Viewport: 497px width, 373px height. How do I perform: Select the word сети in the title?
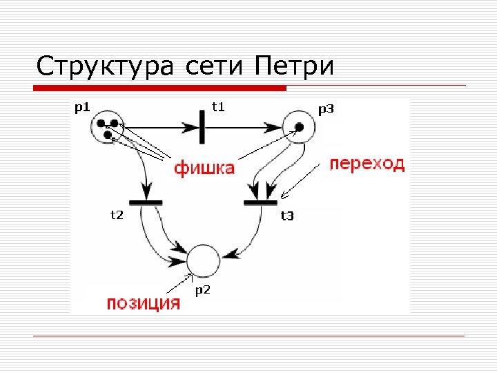click(214, 67)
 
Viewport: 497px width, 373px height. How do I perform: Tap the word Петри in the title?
click(294, 67)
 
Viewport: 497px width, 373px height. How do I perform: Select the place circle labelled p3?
click(299, 127)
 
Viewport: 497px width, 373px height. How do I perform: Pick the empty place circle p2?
click(204, 260)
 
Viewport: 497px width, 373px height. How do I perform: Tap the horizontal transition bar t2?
click(146, 202)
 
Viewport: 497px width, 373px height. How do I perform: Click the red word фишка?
click(204, 167)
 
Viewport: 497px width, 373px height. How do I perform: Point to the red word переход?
click(367, 164)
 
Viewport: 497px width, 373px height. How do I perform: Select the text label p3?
click(326, 108)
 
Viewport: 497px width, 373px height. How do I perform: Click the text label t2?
click(118, 215)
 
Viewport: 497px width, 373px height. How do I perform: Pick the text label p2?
click(202, 290)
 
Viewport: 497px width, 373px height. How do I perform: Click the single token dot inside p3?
click(300, 126)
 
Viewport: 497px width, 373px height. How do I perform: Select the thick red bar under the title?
click(160, 88)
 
